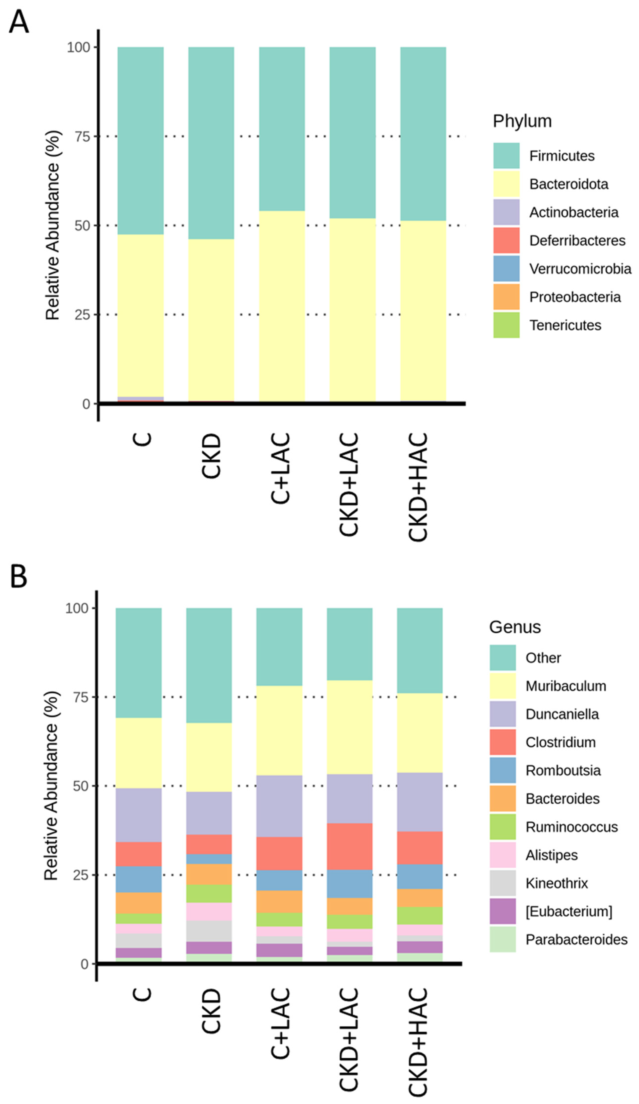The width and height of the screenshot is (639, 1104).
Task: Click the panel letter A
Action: coord(19,22)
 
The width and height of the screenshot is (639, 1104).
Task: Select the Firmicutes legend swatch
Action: coord(506,155)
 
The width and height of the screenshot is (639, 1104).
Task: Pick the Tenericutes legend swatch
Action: coord(506,325)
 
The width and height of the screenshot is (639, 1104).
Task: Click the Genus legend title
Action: coord(515,627)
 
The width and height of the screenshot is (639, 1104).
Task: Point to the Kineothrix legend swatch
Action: coord(503,883)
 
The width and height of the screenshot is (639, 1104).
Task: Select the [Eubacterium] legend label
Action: coord(568,911)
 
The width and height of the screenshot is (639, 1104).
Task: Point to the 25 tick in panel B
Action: coord(81,875)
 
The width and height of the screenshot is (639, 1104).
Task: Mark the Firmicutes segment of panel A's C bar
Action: coord(140,140)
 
